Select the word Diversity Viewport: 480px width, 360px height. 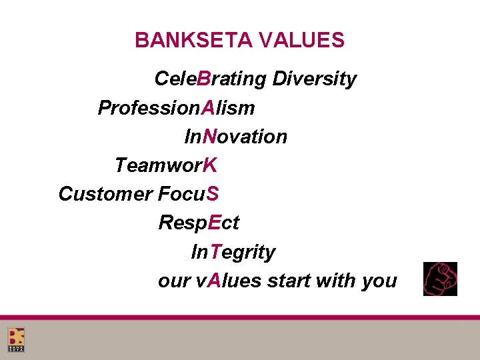click(314, 79)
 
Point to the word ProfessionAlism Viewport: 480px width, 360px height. click(176, 107)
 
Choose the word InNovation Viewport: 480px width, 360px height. click(235, 137)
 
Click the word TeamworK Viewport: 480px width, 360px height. click(166, 165)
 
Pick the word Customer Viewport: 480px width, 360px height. click(105, 194)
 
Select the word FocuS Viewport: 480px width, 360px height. click(189, 194)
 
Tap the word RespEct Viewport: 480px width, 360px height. click(199, 223)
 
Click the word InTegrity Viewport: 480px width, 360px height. click(233, 252)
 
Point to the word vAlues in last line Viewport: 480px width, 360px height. click(229, 281)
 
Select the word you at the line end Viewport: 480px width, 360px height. click(379, 281)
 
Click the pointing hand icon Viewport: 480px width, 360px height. click(440, 279)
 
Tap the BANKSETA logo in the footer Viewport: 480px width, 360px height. click(16, 340)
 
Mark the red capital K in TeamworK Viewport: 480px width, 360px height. click(210, 165)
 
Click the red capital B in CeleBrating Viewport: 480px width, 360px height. click(204, 79)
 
